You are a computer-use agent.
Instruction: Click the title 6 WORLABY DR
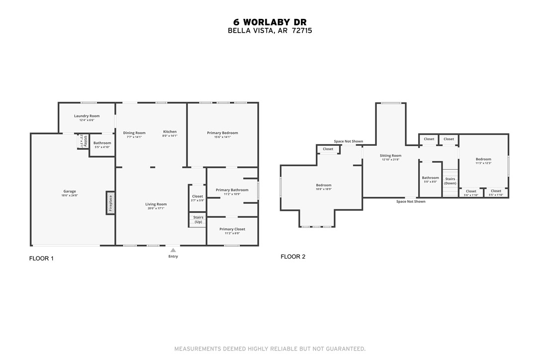[x=270, y=22]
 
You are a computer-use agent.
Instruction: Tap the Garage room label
[x=70, y=191]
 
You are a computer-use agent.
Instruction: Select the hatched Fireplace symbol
[x=110, y=203]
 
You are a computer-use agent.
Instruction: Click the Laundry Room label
[x=87, y=116]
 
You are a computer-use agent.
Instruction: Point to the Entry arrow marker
[x=173, y=250]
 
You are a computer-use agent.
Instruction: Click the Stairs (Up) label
[x=198, y=219]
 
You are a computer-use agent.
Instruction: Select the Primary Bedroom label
[x=222, y=133]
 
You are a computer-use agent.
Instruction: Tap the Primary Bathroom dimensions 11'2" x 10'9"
[x=232, y=194]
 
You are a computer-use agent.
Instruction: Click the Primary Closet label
[x=232, y=229]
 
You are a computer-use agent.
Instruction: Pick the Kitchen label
[x=170, y=132]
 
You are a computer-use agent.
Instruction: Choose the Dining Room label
[x=134, y=133]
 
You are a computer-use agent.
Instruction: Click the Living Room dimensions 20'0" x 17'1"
[x=156, y=208]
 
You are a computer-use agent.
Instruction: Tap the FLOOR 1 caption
[x=41, y=259]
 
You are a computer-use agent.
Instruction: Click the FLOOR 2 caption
[x=293, y=257]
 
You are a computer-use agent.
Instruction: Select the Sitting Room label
[x=390, y=156]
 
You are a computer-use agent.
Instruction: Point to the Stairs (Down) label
[x=450, y=181]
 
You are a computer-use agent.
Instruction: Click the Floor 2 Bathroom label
[x=431, y=178]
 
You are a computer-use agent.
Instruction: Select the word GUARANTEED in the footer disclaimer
[x=343, y=349]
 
